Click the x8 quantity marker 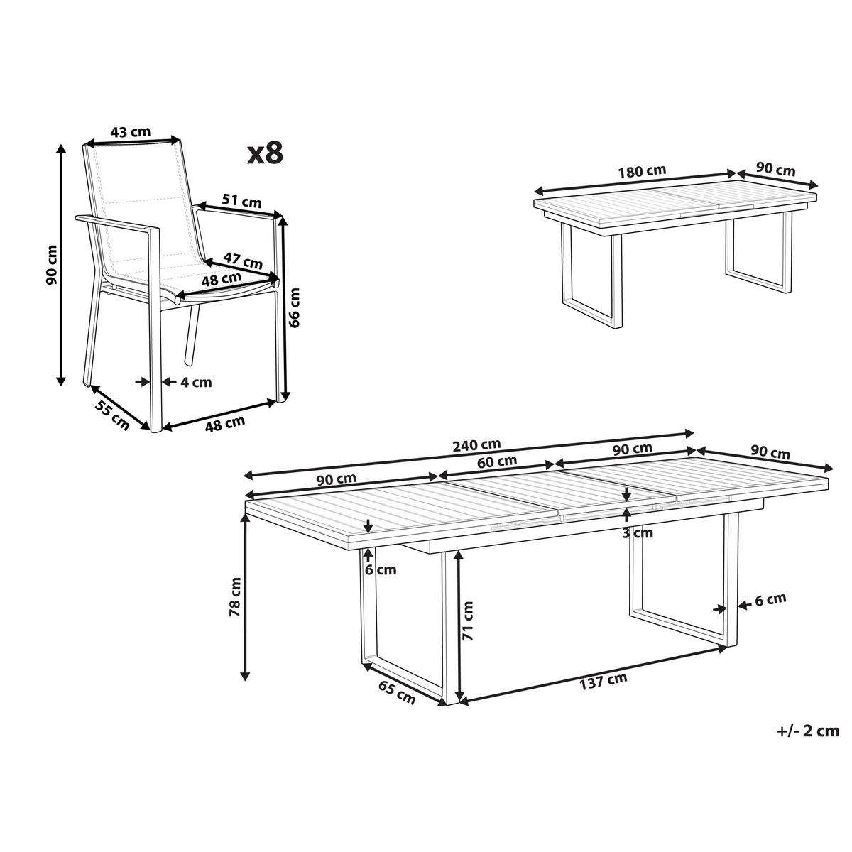pos(264,153)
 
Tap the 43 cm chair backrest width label pos(131,131)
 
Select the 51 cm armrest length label pos(241,201)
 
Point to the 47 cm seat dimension pos(243,260)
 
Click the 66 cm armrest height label pos(295,307)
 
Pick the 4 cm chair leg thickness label pos(196,381)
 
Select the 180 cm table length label pos(643,171)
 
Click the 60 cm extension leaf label pos(498,461)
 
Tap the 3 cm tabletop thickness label pos(638,533)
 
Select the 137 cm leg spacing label pos(603,681)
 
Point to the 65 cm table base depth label pos(397,692)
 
